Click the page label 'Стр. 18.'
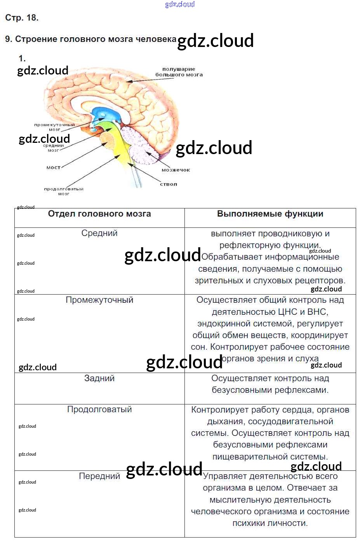click(x=22, y=18)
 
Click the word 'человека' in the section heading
click(x=156, y=39)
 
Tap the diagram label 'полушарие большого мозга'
click(x=179, y=72)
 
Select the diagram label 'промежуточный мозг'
click(x=54, y=127)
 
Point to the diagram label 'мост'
click(x=53, y=168)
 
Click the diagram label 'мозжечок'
click(x=176, y=170)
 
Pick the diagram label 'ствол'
click(x=169, y=184)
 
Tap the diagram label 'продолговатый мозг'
click(x=64, y=191)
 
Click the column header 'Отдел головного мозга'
click(x=99, y=214)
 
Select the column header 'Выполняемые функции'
click(x=270, y=214)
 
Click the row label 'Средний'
click(x=99, y=233)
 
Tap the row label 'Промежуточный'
click(x=99, y=300)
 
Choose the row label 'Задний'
click(x=99, y=378)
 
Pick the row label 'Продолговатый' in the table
click(x=99, y=409)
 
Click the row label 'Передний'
click(x=99, y=476)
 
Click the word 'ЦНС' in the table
click(x=287, y=312)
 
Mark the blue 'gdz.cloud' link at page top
click(x=180, y=4)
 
